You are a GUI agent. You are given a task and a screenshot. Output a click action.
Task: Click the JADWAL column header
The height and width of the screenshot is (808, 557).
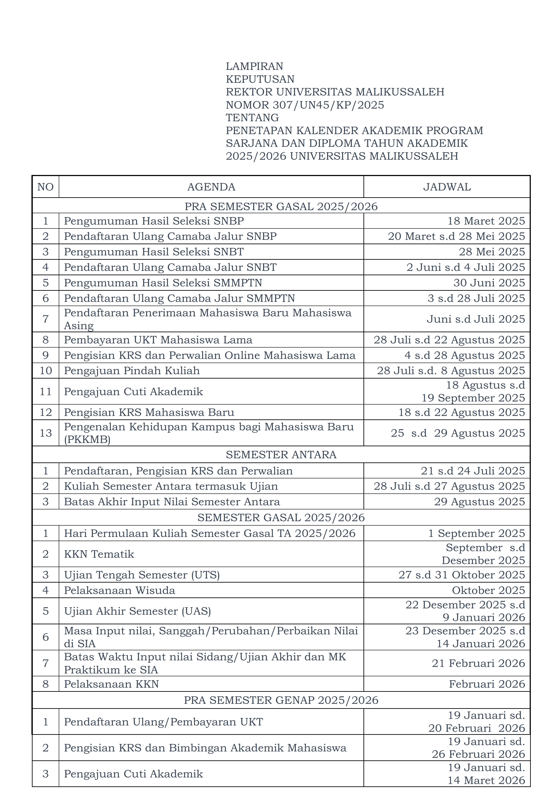coord(447,187)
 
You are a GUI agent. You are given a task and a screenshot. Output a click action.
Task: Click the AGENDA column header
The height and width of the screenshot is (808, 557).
coord(211,187)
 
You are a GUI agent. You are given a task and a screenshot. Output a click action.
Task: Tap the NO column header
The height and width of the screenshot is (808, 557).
coord(45,187)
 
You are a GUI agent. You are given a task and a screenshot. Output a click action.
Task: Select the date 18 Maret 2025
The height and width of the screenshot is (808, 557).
coord(486,221)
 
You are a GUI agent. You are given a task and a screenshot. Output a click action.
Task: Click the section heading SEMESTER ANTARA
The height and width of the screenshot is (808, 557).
coord(281,454)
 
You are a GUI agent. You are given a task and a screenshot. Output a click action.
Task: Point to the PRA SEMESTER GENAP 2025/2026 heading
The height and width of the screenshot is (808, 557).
coord(281,700)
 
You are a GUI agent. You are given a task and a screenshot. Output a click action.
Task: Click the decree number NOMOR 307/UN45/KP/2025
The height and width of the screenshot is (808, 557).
coord(305,105)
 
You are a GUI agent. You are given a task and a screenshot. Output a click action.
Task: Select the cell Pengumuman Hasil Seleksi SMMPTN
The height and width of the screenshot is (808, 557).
coord(163,283)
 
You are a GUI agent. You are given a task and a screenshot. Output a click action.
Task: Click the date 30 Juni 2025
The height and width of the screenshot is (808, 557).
coord(489,283)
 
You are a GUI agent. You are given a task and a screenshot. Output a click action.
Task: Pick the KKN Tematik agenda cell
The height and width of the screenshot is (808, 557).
coord(99,554)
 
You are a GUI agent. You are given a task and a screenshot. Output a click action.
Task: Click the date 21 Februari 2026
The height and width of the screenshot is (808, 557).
coord(478,663)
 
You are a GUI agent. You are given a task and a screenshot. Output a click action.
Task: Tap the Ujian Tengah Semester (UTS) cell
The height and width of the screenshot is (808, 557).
coord(142,575)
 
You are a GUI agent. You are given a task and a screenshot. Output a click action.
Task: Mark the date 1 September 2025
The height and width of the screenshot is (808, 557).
coord(476,533)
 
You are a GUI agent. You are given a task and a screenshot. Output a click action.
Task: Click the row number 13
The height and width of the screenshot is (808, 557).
coord(45,433)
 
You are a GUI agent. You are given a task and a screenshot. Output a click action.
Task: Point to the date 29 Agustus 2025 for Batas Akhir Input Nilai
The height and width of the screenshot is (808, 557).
coord(479,502)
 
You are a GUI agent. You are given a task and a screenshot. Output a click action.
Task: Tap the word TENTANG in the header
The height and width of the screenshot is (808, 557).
coord(252,118)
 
